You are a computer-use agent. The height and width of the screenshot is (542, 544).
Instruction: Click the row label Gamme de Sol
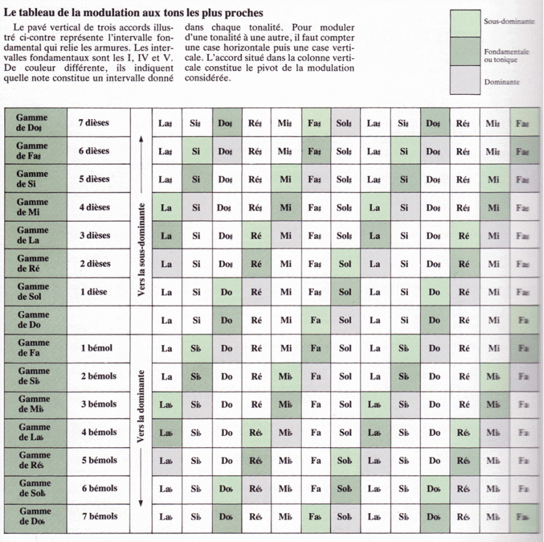coord(33,292)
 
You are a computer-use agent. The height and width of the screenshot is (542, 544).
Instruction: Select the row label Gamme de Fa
coord(33,349)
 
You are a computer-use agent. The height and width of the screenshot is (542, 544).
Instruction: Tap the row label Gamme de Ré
coord(33,264)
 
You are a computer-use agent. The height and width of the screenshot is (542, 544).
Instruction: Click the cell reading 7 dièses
coord(93,123)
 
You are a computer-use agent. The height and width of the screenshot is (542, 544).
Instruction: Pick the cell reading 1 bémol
coord(96,348)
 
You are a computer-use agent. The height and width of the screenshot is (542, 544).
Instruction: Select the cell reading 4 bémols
coord(98,432)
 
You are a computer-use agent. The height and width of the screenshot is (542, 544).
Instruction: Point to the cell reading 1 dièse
coord(94,291)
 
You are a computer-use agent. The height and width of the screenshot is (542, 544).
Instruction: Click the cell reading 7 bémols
coord(98,516)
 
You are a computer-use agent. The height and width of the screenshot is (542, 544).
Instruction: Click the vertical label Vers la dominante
coord(142,407)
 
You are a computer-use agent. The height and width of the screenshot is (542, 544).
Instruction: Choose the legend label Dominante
coord(501,82)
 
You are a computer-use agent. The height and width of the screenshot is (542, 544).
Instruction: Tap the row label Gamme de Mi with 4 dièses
coord(33,207)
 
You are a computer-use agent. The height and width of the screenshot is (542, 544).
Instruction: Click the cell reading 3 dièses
coord(94,235)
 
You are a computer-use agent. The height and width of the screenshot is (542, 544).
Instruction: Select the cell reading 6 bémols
coord(98,488)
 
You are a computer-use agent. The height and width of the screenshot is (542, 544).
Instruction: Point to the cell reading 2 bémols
coord(98,376)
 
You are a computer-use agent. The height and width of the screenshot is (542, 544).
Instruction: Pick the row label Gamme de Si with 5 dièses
coord(33,179)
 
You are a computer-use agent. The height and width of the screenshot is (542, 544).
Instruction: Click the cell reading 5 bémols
coord(98,461)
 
